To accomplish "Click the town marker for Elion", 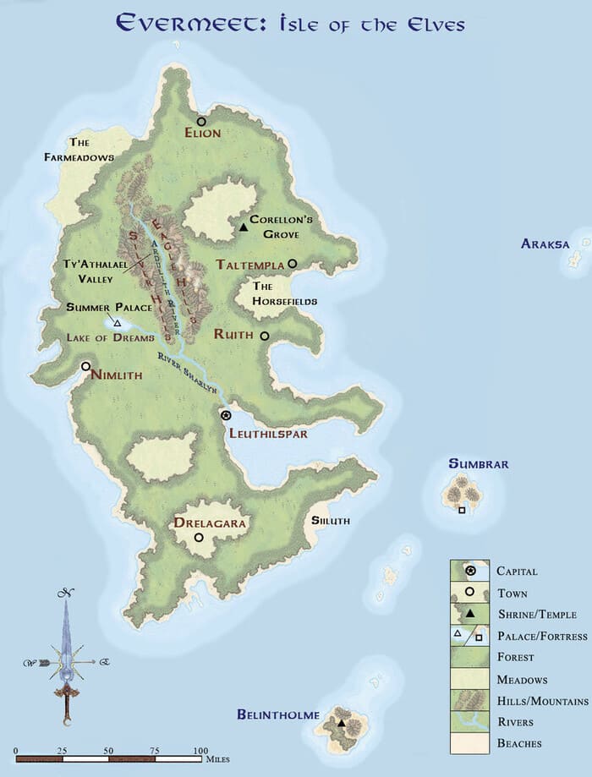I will [x=202, y=122].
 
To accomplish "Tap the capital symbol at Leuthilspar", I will [x=226, y=415].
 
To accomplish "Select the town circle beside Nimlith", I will [x=85, y=367].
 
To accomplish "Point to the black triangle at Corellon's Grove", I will [x=243, y=227].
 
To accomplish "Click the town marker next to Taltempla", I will [x=293, y=264].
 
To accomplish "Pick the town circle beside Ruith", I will [x=265, y=336].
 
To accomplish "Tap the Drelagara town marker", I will [x=199, y=537].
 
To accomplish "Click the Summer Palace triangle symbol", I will [x=117, y=323].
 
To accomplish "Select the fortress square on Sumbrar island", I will [x=462, y=510].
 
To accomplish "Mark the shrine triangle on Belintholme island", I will [x=342, y=723].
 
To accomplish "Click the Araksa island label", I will [x=545, y=244].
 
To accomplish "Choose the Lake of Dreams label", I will [x=112, y=338].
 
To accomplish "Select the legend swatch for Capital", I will [x=469, y=572].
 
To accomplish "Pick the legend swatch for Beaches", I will [x=469, y=743].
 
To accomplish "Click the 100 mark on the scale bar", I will [x=200, y=751].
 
